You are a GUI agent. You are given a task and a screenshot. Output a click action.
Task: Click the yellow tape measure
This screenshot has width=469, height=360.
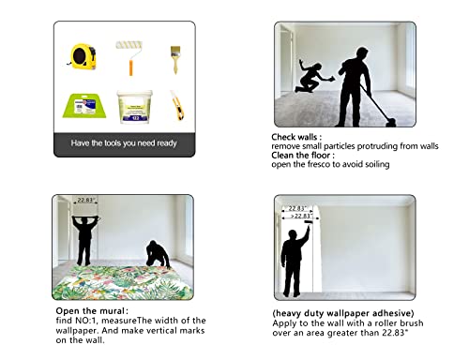[83, 56]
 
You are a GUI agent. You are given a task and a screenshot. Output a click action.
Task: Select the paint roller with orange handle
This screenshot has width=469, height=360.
[129, 57]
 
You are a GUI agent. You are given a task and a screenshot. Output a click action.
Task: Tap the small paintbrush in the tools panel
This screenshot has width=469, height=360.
[175, 60]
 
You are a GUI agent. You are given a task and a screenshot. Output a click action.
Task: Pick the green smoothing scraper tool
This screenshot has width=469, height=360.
[84, 106]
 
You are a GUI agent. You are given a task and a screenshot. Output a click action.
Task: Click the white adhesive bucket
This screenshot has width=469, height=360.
[135, 107]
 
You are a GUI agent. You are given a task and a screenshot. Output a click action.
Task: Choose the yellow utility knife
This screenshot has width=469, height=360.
[177, 105]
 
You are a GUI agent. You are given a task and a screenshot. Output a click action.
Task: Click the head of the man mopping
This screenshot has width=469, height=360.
[362, 53]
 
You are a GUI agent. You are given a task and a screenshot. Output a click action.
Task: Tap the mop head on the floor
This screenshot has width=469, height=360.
[390, 122]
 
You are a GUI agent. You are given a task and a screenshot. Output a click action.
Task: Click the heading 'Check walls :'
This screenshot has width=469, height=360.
[296, 137]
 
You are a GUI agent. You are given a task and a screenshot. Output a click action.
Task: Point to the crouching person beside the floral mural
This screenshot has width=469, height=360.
[158, 254]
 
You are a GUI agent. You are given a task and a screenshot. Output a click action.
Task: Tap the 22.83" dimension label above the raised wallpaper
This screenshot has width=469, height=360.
[85, 200]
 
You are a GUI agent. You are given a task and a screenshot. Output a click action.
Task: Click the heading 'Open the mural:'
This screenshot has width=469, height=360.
[92, 311]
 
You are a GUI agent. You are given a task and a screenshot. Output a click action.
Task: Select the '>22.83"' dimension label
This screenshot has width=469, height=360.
[301, 216]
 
